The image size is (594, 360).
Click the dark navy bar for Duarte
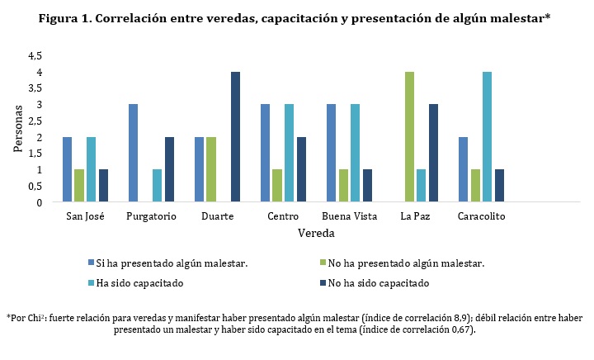235,137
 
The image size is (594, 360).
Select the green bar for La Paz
408,137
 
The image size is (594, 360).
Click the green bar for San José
78,186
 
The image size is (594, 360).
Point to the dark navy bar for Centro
301,169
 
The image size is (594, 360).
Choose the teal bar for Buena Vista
355,154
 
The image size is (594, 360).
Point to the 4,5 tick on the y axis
35,56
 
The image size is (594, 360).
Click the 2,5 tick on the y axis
35,121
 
